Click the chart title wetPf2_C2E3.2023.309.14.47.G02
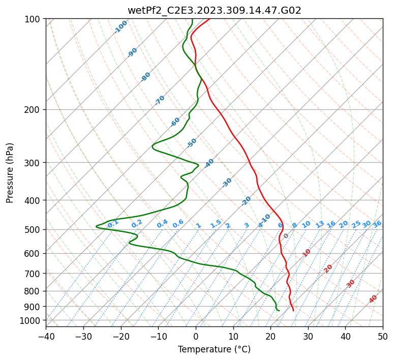pyautogui.click(x=214, y=10)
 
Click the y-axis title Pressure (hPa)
pyautogui.click(x=10, y=172)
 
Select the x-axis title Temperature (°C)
pyautogui.click(x=214, y=349)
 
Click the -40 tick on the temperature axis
pyautogui.click(x=46, y=336)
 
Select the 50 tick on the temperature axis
pyautogui.click(x=383, y=336)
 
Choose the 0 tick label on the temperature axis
pyautogui.click(x=196, y=336)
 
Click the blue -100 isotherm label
pyautogui.click(x=121, y=27)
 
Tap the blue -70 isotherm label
pyautogui.click(x=160, y=100)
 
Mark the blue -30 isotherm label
pyautogui.click(x=227, y=183)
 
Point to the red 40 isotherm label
pyautogui.click(x=373, y=299)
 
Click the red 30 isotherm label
pyautogui.click(x=351, y=284)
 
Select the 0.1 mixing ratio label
pyautogui.click(x=113, y=223)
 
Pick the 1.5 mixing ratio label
pyautogui.click(x=216, y=223)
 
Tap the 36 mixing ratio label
pyautogui.click(x=377, y=224)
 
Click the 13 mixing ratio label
pyautogui.click(x=320, y=224)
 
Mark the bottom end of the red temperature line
pyautogui.click(x=293, y=311)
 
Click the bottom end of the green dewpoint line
pyautogui.click(x=279, y=311)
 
